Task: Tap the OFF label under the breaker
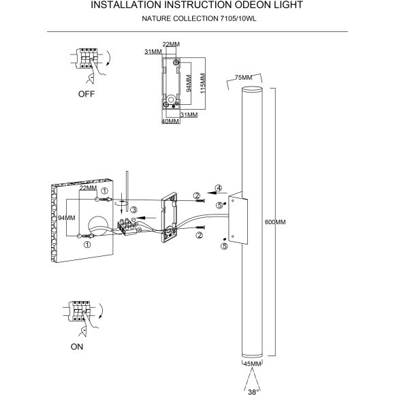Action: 86,95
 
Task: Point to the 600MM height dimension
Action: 274,223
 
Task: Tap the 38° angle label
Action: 253,390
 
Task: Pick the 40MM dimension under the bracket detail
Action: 170,122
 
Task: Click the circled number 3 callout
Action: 134,209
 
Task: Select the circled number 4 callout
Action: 218,188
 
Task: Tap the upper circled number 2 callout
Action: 197,196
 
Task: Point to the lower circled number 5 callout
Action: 224,247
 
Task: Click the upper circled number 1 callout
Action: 104,191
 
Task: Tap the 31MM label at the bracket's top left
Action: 153,52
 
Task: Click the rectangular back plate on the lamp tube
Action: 236,218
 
